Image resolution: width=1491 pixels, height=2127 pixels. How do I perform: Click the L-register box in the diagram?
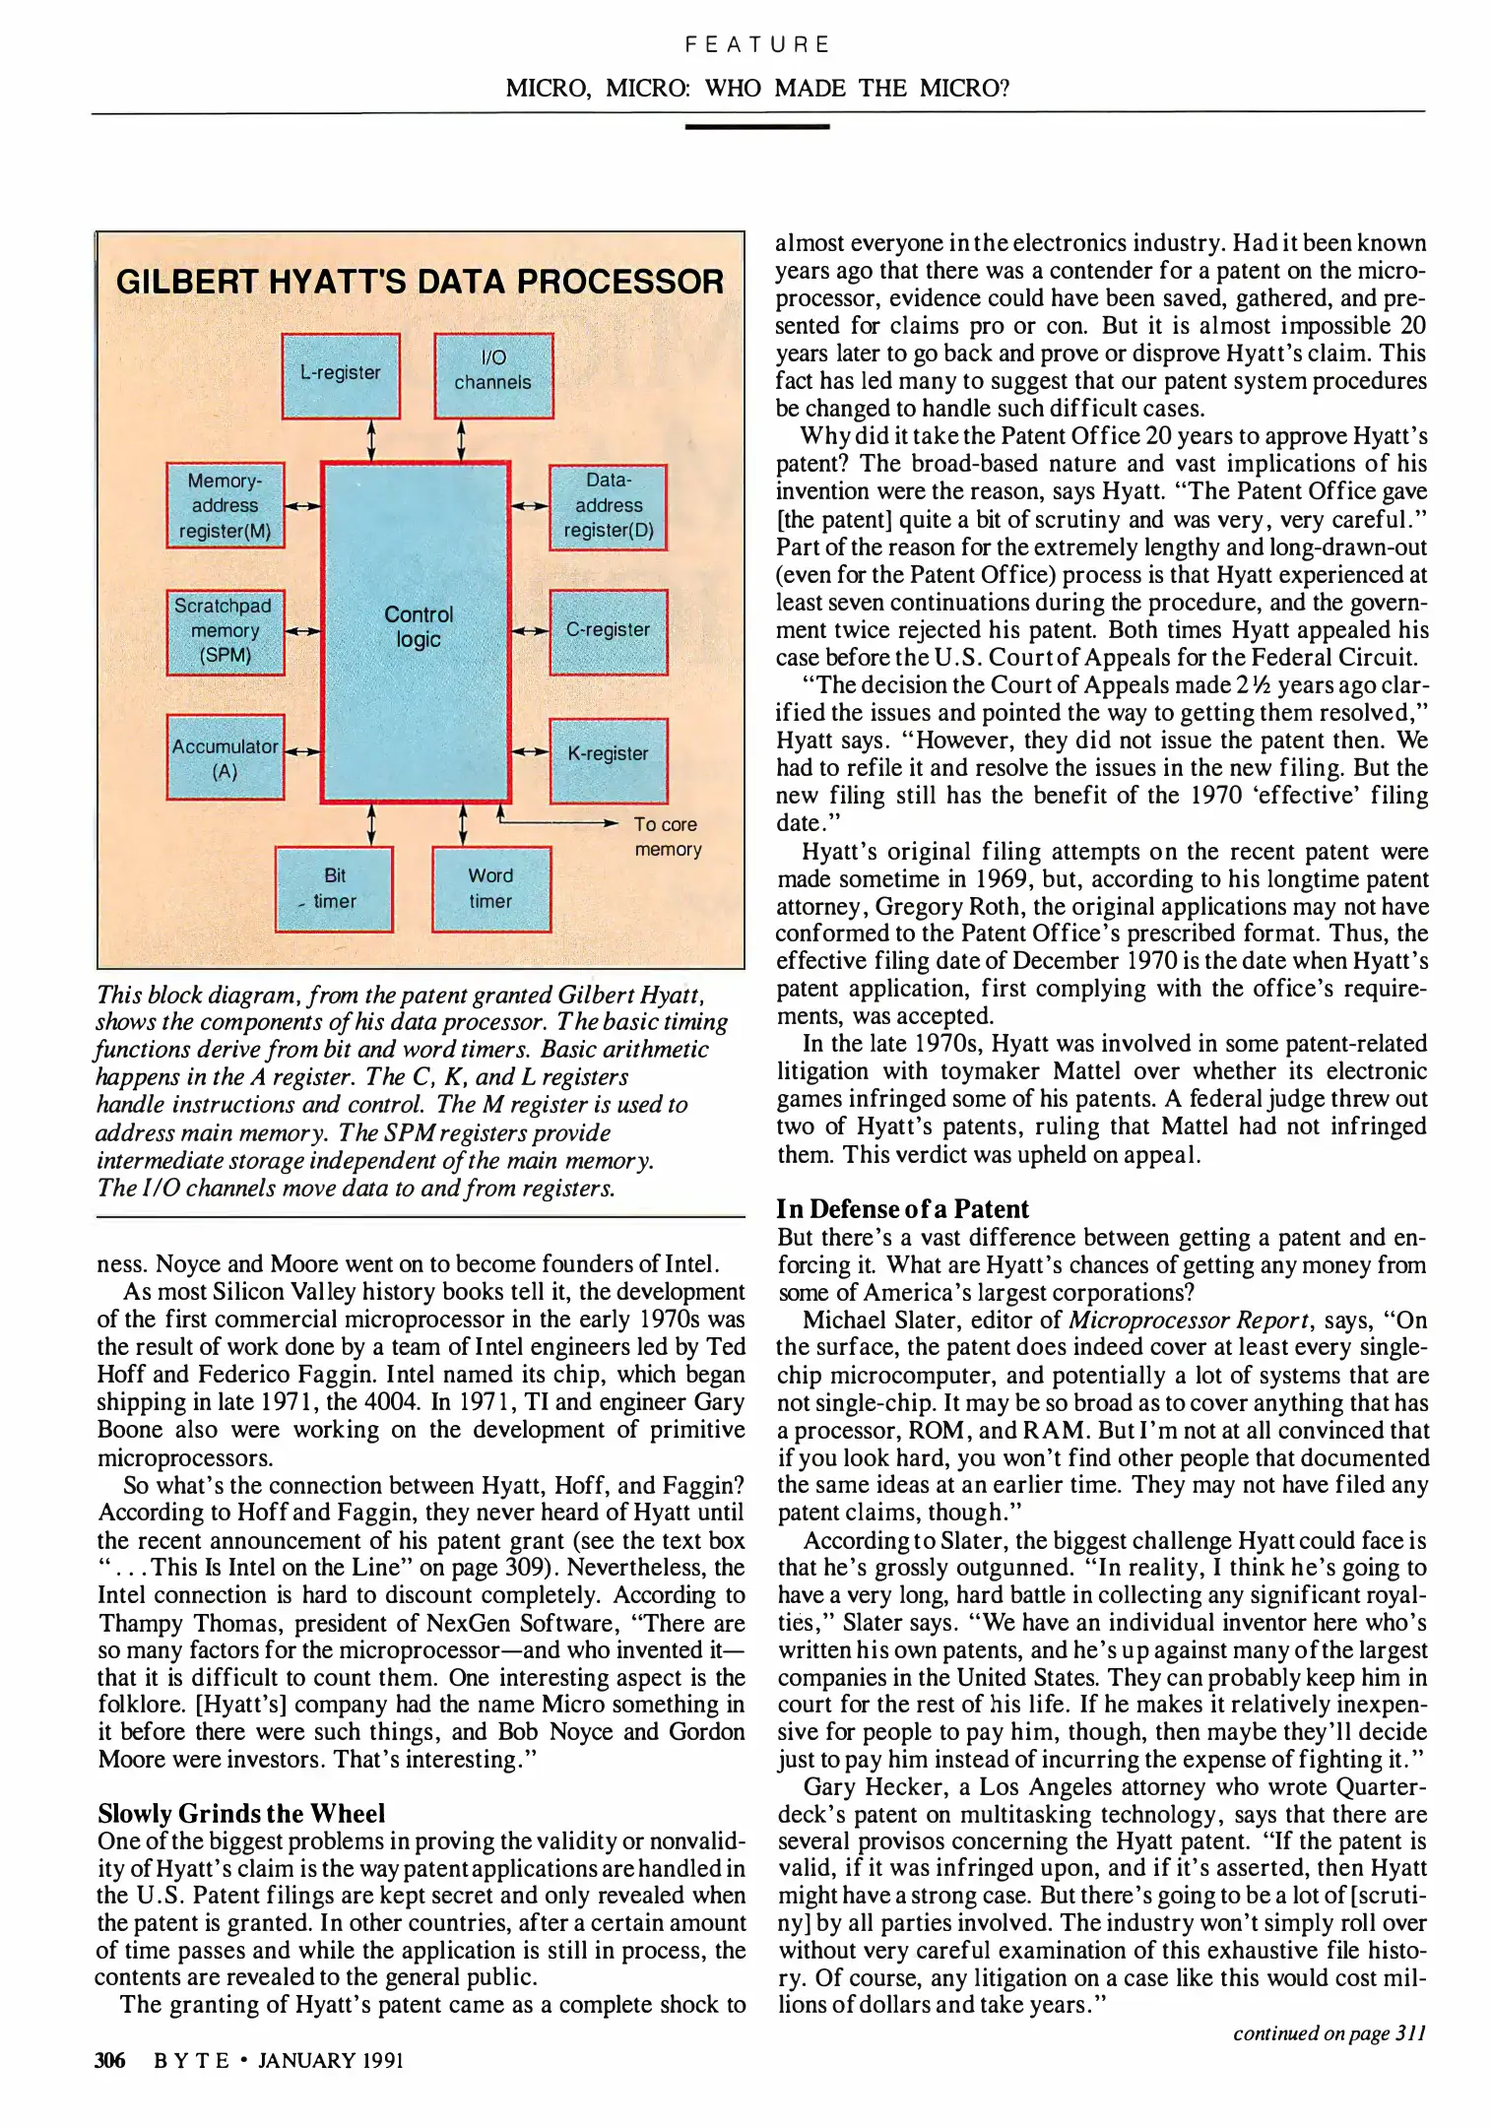point(341,375)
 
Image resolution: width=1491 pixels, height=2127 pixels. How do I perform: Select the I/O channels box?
point(493,375)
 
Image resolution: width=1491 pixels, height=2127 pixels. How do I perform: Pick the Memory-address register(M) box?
point(226,505)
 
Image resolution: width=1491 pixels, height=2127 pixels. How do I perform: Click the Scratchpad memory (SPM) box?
point(226,631)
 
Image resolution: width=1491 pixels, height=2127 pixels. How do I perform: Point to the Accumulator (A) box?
point(226,756)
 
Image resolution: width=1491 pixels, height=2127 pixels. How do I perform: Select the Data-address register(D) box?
point(608,506)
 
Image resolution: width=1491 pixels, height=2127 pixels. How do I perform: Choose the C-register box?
point(608,631)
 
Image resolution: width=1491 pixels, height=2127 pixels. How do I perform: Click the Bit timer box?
point(334,888)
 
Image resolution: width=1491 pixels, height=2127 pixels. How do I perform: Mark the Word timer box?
point(490,888)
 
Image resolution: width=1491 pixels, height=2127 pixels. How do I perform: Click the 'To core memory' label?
point(667,837)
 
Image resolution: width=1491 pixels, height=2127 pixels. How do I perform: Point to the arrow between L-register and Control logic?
point(371,440)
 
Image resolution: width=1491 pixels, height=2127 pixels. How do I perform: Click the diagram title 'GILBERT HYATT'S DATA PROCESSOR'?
point(420,282)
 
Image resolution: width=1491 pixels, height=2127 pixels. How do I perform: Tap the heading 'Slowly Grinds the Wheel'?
point(241,1813)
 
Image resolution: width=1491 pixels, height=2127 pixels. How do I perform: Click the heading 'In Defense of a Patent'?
point(902,1208)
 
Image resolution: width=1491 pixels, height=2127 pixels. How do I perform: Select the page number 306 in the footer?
point(110,2061)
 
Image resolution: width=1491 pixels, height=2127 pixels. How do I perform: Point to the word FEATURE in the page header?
point(757,44)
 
